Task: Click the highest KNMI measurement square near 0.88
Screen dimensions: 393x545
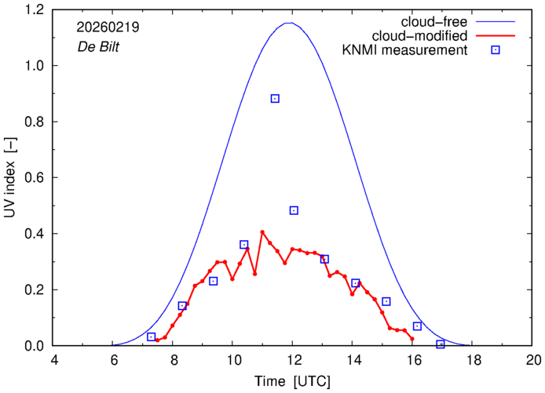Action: pos(275,99)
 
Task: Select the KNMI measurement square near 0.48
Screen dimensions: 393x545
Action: pos(294,210)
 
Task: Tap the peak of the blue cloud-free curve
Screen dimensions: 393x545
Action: pos(289,23)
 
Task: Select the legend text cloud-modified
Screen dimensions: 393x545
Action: pos(422,36)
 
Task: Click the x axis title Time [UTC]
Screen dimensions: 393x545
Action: pos(292,380)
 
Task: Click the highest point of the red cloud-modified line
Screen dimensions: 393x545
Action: pos(262,231)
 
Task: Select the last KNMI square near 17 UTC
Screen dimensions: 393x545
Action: pos(441,344)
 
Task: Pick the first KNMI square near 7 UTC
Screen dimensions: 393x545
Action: pos(152,337)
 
